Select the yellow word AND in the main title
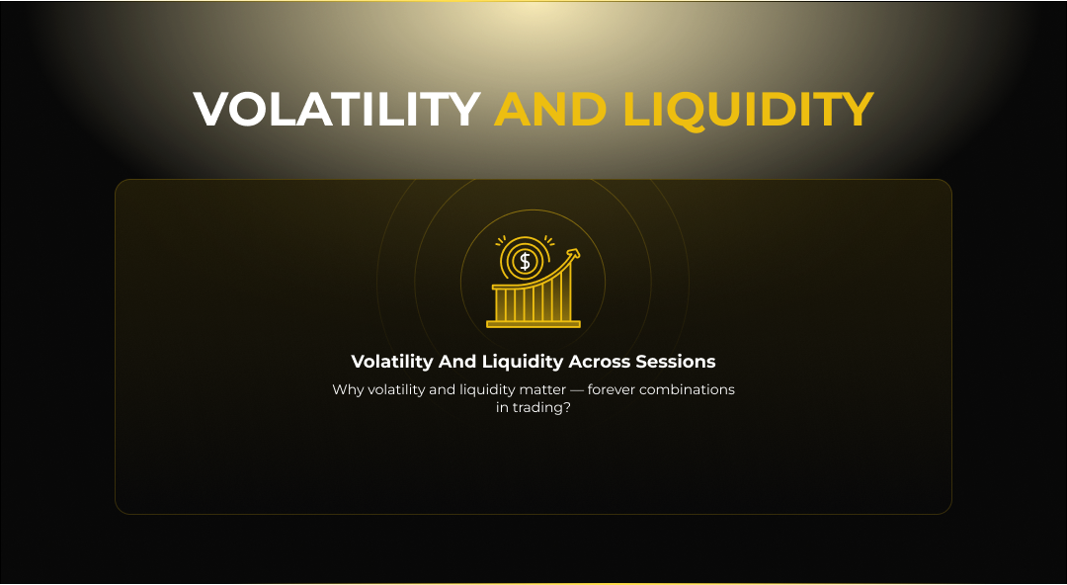point(550,109)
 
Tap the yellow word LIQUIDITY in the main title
point(748,110)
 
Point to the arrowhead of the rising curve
point(574,254)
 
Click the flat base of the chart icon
point(533,324)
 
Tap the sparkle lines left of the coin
point(501,240)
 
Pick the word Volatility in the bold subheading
point(392,363)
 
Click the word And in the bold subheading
point(457,362)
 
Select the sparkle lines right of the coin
point(549,240)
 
